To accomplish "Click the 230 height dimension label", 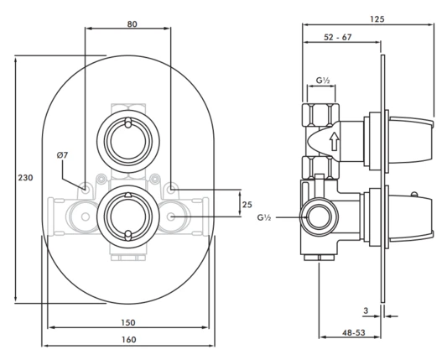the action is click(x=26, y=178).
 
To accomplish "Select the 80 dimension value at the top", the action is click(x=132, y=24).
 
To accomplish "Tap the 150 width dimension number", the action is click(x=128, y=322).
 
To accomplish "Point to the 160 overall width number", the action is click(x=129, y=340).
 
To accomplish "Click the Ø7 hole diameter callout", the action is click(x=62, y=155).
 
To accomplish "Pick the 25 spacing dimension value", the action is click(x=247, y=205).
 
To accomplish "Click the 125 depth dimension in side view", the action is click(x=377, y=19).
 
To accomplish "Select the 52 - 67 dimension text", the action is click(x=338, y=37).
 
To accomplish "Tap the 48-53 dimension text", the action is click(x=354, y=332).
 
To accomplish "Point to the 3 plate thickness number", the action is click(x=366, y=310).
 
